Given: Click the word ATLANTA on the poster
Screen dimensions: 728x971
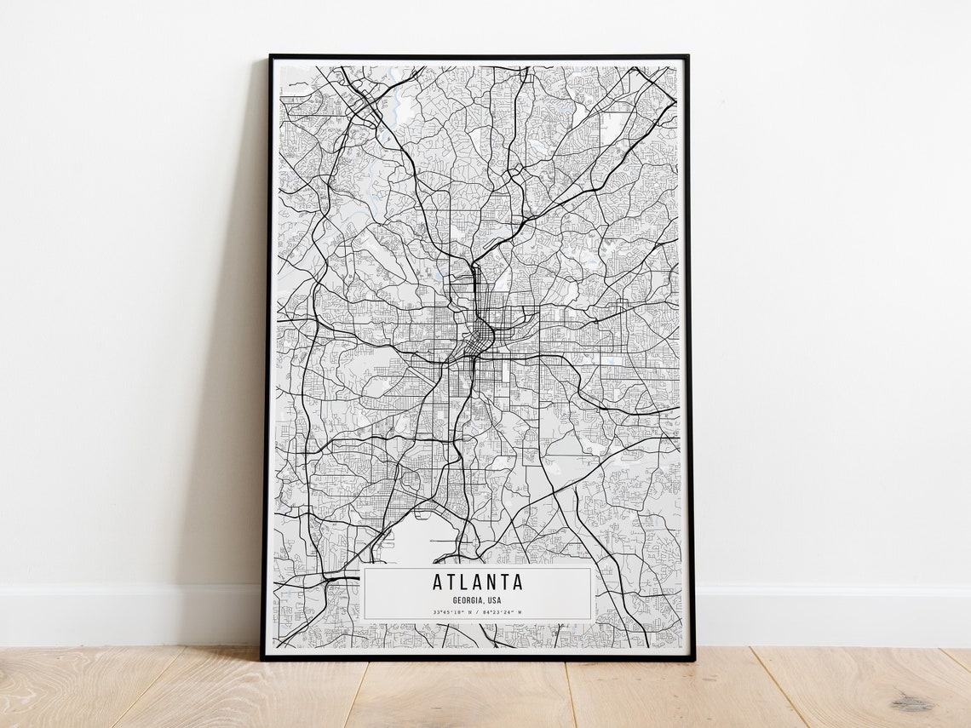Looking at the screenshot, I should [477, 583].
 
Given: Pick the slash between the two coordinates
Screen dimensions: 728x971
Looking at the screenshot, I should [478, 612].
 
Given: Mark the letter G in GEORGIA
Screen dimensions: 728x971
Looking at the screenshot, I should [456, 600].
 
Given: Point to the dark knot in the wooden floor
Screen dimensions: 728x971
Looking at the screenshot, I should [912, 703].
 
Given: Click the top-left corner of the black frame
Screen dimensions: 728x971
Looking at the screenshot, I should [271, 57].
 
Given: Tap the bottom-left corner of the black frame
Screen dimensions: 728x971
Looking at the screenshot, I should [262, 658].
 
